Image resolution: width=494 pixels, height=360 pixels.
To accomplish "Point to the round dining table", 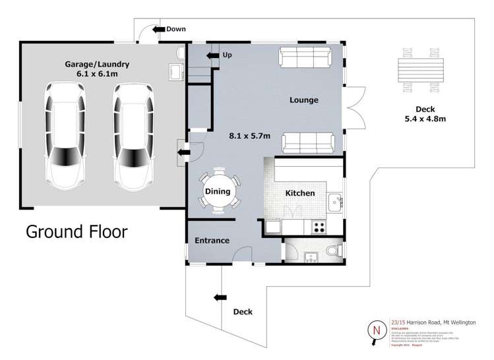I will click(218, 191).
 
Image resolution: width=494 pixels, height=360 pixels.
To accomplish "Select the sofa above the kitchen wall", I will click(307, 142).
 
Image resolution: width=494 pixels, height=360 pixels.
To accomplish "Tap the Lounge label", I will click(303, 100).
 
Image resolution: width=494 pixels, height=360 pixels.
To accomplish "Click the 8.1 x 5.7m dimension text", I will click(250, 136).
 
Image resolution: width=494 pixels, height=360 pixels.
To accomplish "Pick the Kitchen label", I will click(299, 193).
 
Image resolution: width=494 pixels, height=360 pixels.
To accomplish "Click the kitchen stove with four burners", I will click(318, 228).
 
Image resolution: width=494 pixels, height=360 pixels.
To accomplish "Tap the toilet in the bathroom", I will click(334, 251).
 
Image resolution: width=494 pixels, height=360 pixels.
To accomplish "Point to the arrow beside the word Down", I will click(157, 29).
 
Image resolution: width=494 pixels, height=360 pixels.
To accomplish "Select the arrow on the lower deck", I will click(218, 298).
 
